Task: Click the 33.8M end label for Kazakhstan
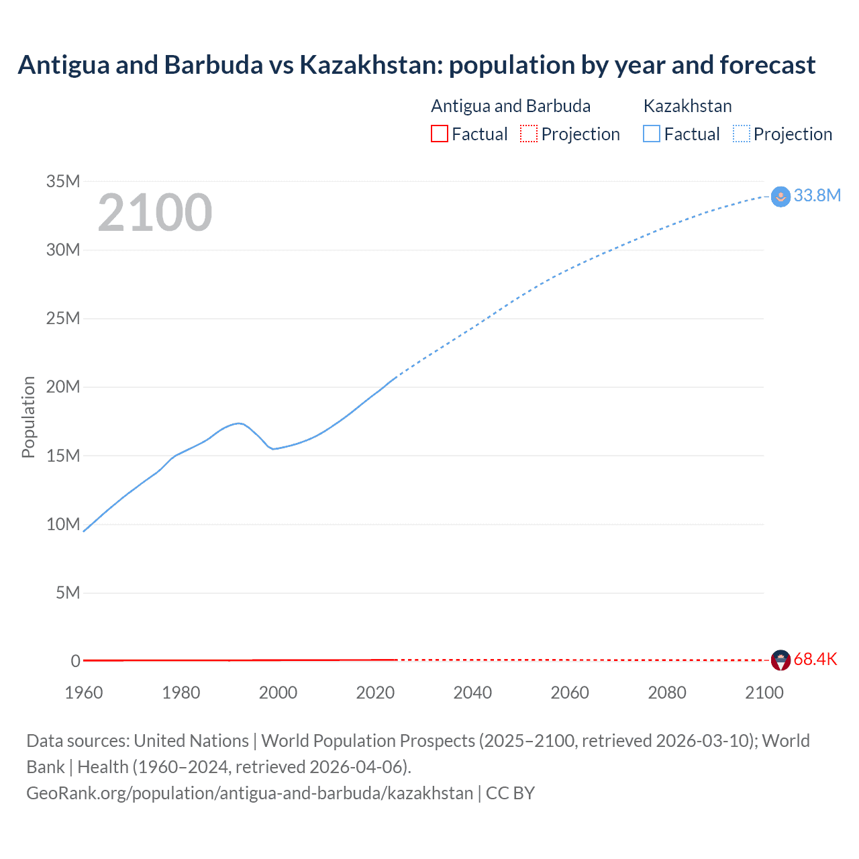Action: tap(817, 195)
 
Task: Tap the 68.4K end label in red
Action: tap(815, 659)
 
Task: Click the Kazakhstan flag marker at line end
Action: tap(780, 197)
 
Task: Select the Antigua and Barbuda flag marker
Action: tap(780, 660)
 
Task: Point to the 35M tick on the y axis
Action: tap(63, 181)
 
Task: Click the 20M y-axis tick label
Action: tap(63, 387)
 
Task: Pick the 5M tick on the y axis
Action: tap(68, 593)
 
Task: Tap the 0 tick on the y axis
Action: tap(75, 661)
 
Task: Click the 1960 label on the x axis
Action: tap(84, 693)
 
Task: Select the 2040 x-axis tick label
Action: tap(472, 693)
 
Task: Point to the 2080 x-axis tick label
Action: tap(667, 693)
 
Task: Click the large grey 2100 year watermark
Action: tap(155, 213)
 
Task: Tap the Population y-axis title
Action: tap(28, 417)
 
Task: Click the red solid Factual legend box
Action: tap(439, 134)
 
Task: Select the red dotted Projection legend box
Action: tap(529, 134)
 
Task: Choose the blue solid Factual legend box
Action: tap(652, 134)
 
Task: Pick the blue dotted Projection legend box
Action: tap(742, 134)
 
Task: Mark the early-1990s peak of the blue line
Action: tap(239, 423)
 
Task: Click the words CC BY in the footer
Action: tap(510, 793)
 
